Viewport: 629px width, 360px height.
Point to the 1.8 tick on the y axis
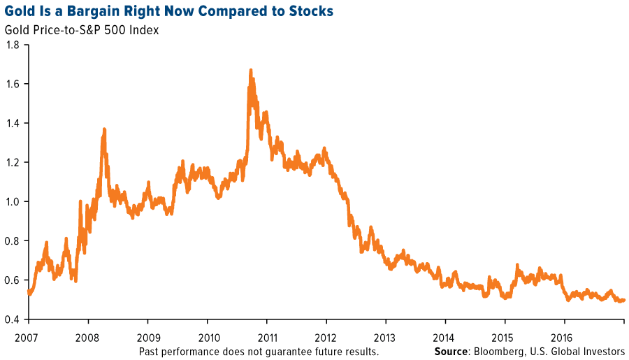(13, 45)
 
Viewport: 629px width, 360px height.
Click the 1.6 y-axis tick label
(13, 84)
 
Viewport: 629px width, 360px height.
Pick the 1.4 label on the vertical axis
(13, 123)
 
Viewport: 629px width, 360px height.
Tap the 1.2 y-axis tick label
(13, 162)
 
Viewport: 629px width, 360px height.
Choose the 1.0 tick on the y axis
(13, 201)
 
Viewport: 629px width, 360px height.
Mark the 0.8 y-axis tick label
(13, 240)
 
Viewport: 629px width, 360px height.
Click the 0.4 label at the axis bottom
(13, 319)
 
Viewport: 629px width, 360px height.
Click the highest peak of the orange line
(250, 70)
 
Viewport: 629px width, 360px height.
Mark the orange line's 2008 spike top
(104, 129)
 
